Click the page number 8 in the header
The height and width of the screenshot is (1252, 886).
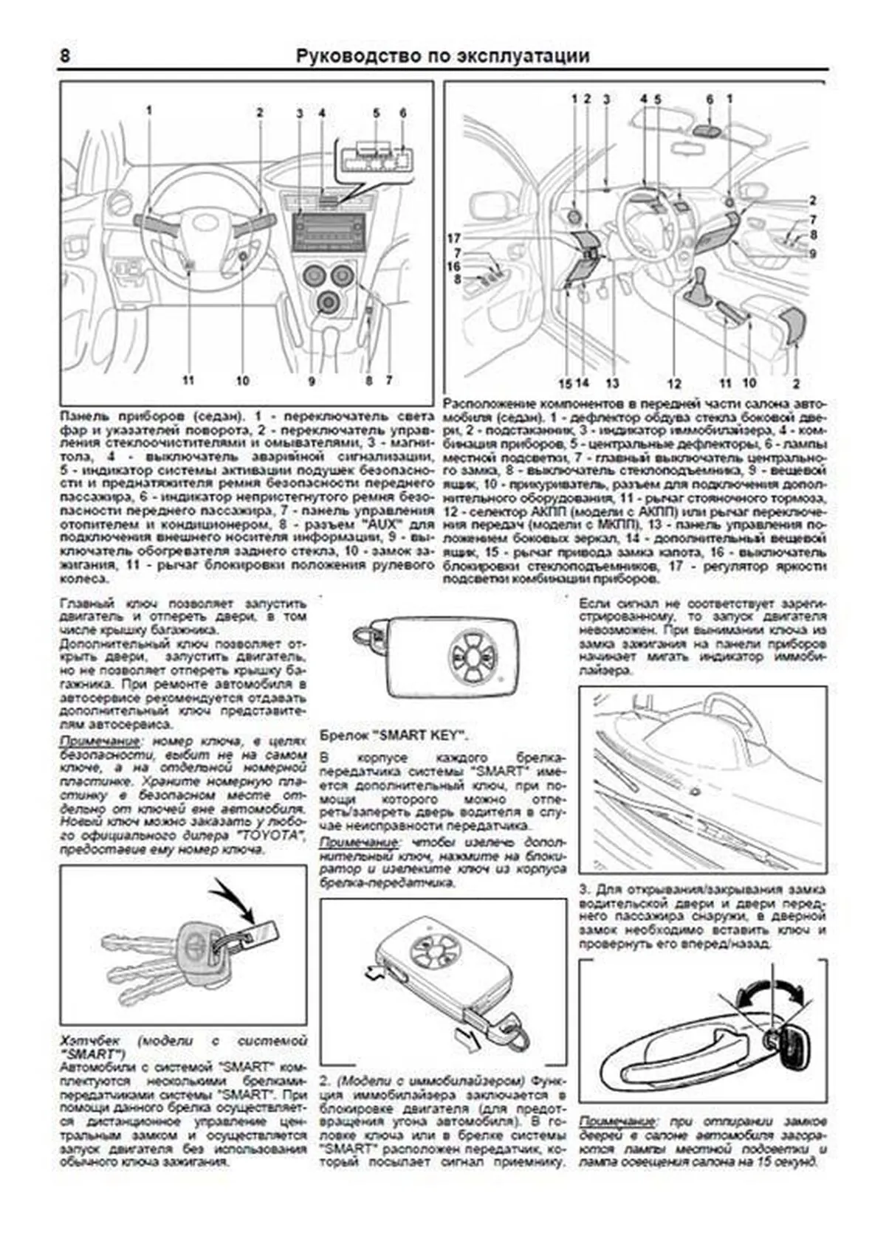66,56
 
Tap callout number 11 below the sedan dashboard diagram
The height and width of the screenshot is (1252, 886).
188,381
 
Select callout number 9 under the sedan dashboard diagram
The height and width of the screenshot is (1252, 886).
312,381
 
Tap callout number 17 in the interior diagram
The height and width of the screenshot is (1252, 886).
454,238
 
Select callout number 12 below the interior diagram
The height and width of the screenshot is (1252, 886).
673,383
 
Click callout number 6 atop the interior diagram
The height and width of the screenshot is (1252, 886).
710,99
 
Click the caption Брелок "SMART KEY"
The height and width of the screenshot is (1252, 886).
394,736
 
